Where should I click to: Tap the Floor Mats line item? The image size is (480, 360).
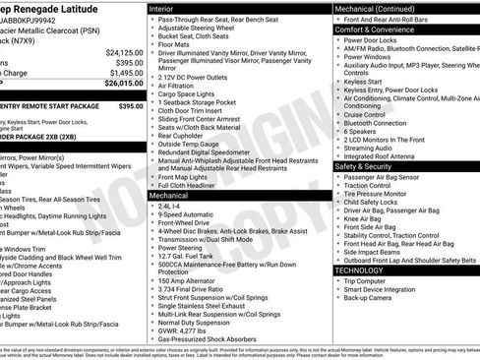pos(177,43)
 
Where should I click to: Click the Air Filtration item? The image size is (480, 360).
pos(178,87)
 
